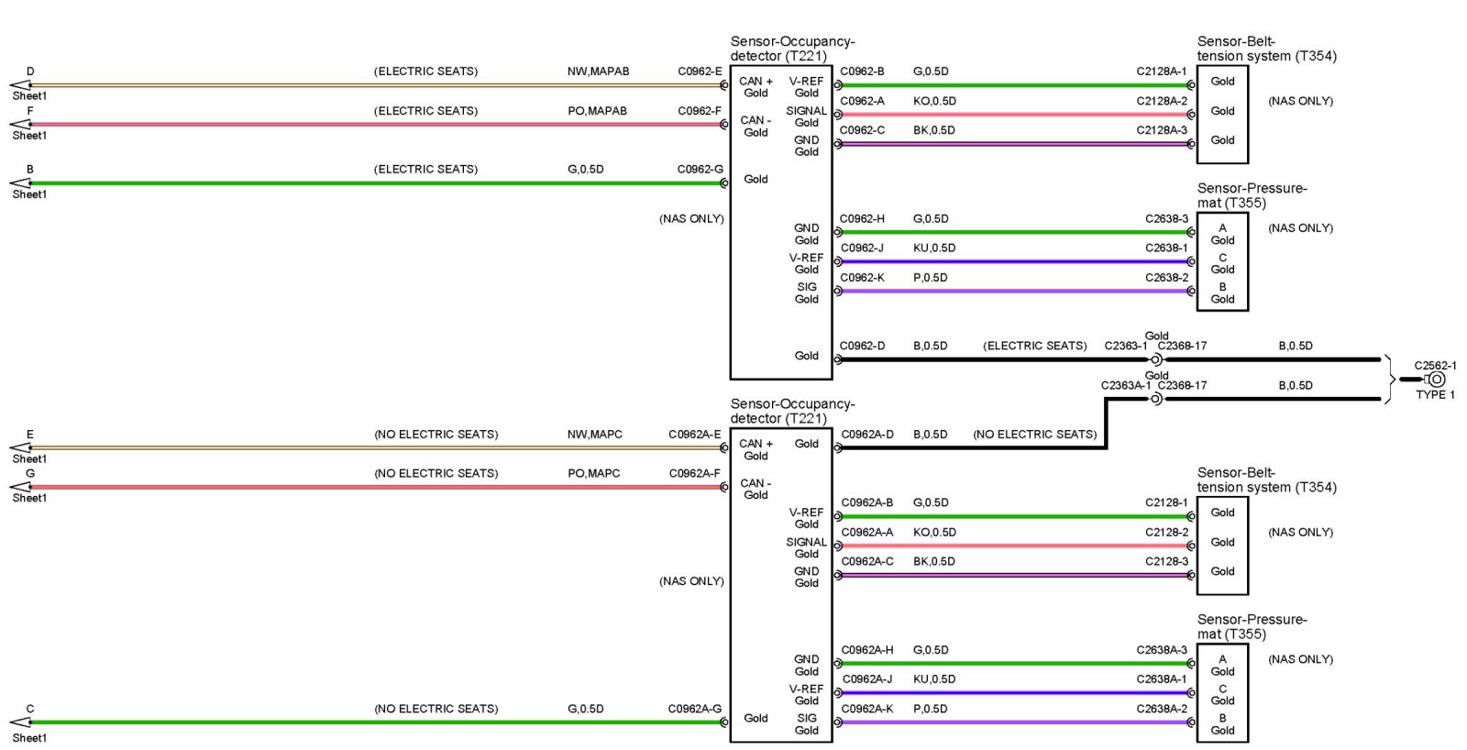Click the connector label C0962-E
pos(700,72)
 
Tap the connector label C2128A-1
pos(1161,72)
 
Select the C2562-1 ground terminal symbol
pos(1436,380)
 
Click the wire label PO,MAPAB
pos(597,111)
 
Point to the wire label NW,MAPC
pos(594,435)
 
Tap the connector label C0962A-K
pos(867,709)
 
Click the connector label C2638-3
pos(1166,219)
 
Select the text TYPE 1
pos(1435,395)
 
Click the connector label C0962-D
pos(862,347)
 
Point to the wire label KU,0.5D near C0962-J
pos(934,248)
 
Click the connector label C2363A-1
pos(1125,386)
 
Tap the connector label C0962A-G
pos(694,709)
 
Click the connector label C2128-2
pos(1166,533)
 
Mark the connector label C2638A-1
pos(1162,679)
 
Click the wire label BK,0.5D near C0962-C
pos(933,130)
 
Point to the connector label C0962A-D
pos(867,435)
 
